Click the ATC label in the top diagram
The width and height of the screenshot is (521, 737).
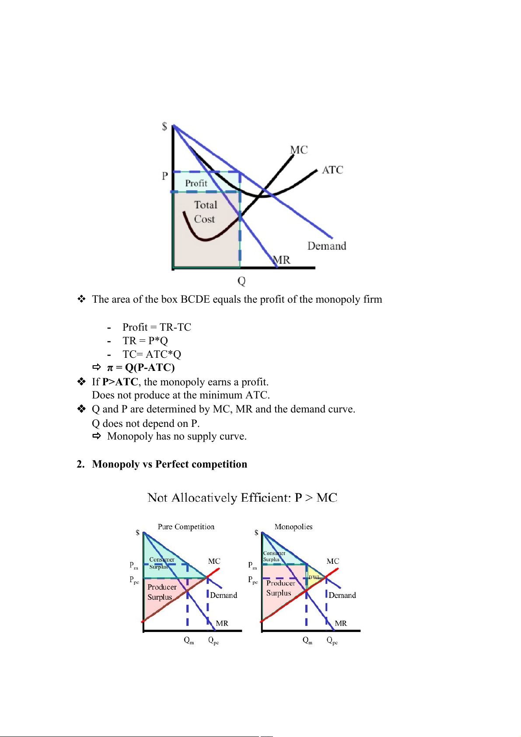pyautogui.click(x=332, y=170)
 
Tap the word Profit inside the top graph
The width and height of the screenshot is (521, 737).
pyautogui.click(x=196, y=183)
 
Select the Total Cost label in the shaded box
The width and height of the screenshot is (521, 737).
pyautogui.click(x=205, y=212)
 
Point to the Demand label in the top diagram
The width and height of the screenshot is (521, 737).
pyautogui.click(x=326, y=246)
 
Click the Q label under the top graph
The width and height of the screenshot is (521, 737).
pyautogui.click(x=241, y=281)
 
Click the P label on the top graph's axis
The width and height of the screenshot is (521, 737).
pyautogui.click(x=165, y=176)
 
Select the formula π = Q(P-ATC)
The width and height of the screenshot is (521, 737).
pyautogui.click(x=141, y=367)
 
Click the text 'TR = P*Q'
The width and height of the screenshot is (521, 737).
pyautogui.click(x=145, y=341)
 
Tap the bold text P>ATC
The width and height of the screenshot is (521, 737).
pyautogui.click(x=120, y=382)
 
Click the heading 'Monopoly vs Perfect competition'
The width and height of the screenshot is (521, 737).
pyautogui.click(x=170, y=464)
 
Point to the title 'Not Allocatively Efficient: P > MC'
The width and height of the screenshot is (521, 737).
pyautogui.click(x=242, y=498)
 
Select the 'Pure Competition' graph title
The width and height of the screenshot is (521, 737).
pyautogui.click(x=186, y=527)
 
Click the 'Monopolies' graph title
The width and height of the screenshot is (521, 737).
pyautogui.click(x=294, y=527)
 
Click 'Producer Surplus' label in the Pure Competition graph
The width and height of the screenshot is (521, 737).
pyautogui.click(x=161, y=592)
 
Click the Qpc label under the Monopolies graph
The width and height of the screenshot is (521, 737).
pyautogui.click(x=332, y=641)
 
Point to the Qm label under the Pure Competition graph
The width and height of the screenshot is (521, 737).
pyautogui.click(x=189, y=641)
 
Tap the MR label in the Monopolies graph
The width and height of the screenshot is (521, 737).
pyautogui.click(x=341, y=623)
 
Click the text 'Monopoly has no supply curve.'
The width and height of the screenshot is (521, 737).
pyautogui.click(x=177, y=437)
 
